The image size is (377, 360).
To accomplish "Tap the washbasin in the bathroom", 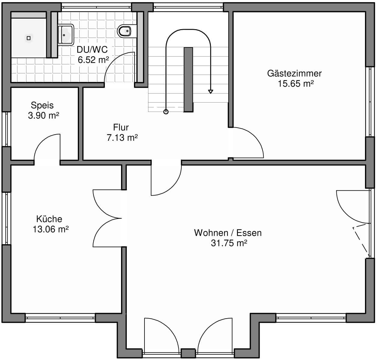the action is click(x=65, y=35).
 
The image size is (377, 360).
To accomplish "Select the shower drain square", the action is click(x=29, y=38).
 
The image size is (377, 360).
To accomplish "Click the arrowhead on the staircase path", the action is click(x=211, y=92).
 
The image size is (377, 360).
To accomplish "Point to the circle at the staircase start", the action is click(x=166, y=112).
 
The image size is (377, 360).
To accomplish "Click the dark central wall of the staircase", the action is click(x=188, y=79).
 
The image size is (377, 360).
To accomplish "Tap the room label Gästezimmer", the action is click(x=294, y=73).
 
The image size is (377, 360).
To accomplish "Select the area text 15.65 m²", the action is click(x=296, y=84).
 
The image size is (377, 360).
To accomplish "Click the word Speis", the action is click(x=42, y=105).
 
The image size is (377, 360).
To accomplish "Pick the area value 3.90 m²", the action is click(x=44, y=115).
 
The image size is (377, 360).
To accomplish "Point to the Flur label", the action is click(x=121, y=127).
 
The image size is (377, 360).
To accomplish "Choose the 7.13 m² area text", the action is click(x=122, y=137).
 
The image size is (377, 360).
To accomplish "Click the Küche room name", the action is click(x=49, y=219).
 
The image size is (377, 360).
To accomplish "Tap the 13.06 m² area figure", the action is click(x=51, y=229).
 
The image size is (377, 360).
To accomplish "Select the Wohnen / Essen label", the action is click(x=228, y=233).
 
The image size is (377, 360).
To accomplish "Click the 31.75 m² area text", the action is click(x=229, y=243).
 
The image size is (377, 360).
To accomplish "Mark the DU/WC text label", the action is click(x=92, y=50).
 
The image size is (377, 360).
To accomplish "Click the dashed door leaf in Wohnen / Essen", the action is click(x=361, y=241).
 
